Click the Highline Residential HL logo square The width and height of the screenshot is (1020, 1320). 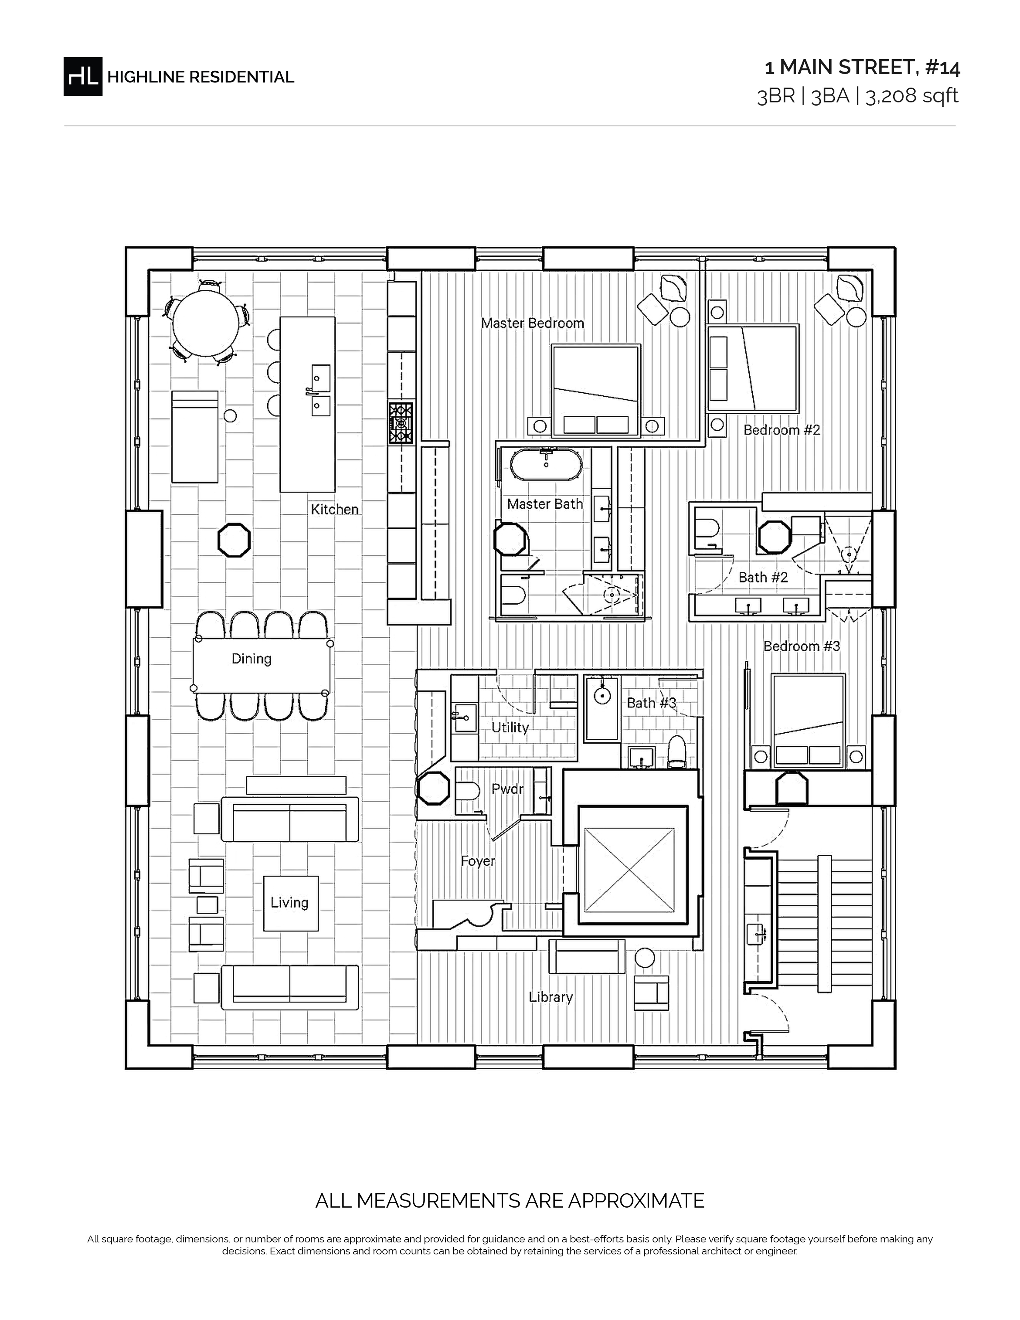(x=83, y=77)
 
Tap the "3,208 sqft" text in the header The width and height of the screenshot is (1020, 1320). (x=912, y=96)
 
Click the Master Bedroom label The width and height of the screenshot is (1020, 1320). (x=532, y=323)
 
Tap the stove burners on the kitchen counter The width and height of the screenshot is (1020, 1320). (x=401, y=423)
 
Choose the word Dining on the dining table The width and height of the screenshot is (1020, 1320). (x=251, y=659)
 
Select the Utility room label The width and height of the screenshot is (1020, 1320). (x=510, y=727)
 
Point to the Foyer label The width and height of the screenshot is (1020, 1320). (x=478, y=861)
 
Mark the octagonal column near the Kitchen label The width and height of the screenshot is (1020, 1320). (x=234, y=540)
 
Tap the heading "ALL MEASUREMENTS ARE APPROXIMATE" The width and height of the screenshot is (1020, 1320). (x=510, y=1200)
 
